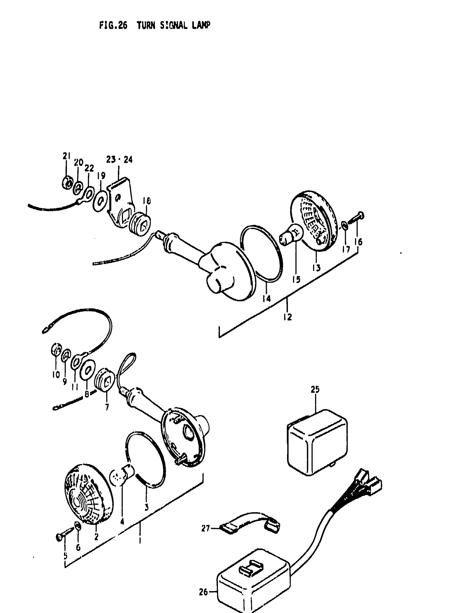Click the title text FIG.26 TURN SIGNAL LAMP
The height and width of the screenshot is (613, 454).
click(154, 26)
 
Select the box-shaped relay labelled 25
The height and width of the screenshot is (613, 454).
click(317, 442)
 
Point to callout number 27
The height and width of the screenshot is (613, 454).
click(205, 528)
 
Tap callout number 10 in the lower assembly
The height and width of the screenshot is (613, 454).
click(56, 374)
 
